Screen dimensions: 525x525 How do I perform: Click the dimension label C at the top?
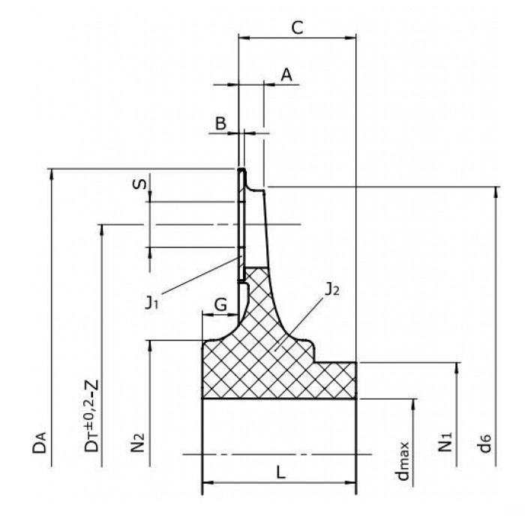point(297,28)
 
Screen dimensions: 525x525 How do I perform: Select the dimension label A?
point(286,75)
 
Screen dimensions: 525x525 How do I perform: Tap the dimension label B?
point(220,123)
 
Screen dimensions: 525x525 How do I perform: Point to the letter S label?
point(139,184)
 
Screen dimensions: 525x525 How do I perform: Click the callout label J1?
point(151,302)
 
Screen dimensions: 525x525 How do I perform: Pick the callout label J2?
point(332,289)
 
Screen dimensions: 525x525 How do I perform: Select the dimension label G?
point(220,304)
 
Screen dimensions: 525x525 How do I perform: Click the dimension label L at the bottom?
point(280,472)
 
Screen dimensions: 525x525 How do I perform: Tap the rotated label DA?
point(40,442)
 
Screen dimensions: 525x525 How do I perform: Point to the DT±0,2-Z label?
point(91,415)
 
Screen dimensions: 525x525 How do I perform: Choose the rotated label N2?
point(137,442)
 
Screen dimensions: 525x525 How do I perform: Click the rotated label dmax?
point(402,461)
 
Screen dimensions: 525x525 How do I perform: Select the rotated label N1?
point(445,442)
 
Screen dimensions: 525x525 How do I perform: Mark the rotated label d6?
point(484,443)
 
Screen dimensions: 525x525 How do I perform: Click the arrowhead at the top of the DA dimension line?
point(51,174)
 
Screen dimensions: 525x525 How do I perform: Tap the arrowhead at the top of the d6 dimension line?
point(496,192)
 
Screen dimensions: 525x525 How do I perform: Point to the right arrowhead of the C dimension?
point(350,37)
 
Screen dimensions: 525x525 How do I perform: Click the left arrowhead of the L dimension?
point(208,483)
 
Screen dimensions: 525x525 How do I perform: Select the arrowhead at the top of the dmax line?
point(413,404)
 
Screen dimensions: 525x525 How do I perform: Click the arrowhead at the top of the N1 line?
point(456,368)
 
